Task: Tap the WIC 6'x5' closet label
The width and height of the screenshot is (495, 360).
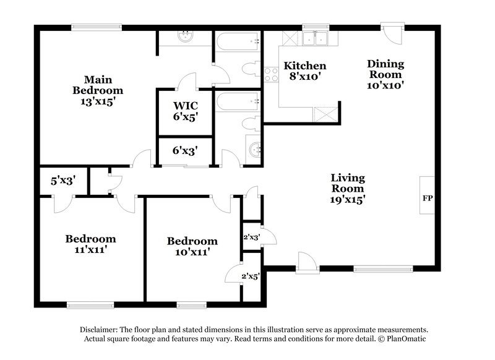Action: (185, 109)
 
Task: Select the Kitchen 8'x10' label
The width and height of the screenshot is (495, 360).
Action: (304, 71)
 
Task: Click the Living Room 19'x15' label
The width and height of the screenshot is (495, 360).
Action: (346, 188)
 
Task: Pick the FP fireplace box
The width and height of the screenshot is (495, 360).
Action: (427, 199)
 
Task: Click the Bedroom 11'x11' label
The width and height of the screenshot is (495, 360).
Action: (91, 244)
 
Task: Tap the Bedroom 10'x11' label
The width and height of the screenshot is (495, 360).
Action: (192, 246)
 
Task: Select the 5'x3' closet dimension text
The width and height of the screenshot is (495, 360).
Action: (63, 181)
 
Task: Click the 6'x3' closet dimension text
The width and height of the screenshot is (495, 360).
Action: (184, 150)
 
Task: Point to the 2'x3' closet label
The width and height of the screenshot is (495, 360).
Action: (251, 237)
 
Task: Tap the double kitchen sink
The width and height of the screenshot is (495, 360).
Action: (316, 38)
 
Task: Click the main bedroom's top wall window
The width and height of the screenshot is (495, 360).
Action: (95, 26)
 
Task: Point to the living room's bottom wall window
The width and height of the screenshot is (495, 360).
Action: (383, 269)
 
